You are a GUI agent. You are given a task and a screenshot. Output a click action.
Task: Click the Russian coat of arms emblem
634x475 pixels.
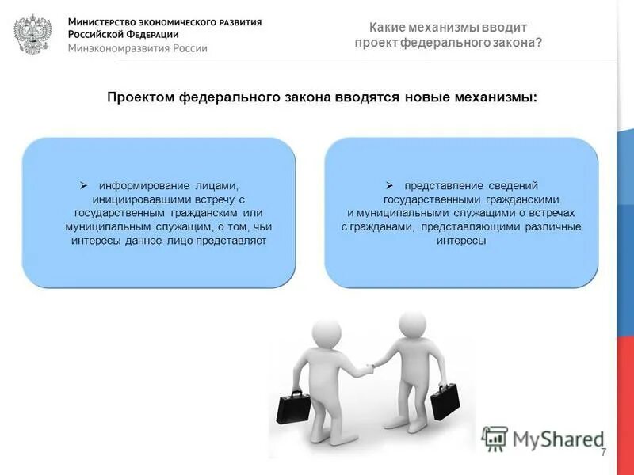[32, 34]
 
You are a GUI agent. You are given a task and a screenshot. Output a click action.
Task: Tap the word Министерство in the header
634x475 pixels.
[100, 21]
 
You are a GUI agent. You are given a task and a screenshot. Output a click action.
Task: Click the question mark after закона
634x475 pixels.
[540, 43]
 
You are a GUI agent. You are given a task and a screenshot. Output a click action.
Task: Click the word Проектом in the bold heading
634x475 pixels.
[141, 97]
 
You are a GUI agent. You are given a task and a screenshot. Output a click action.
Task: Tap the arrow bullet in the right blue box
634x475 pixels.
[389, 184]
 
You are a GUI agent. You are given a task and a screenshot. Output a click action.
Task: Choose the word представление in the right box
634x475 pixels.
[441, 185]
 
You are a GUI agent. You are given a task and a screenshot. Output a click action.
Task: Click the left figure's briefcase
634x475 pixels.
[291, 408]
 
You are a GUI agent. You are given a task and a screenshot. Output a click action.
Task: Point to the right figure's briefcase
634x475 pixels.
[445, 401]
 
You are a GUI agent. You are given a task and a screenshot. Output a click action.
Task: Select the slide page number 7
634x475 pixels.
[603, 452]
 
